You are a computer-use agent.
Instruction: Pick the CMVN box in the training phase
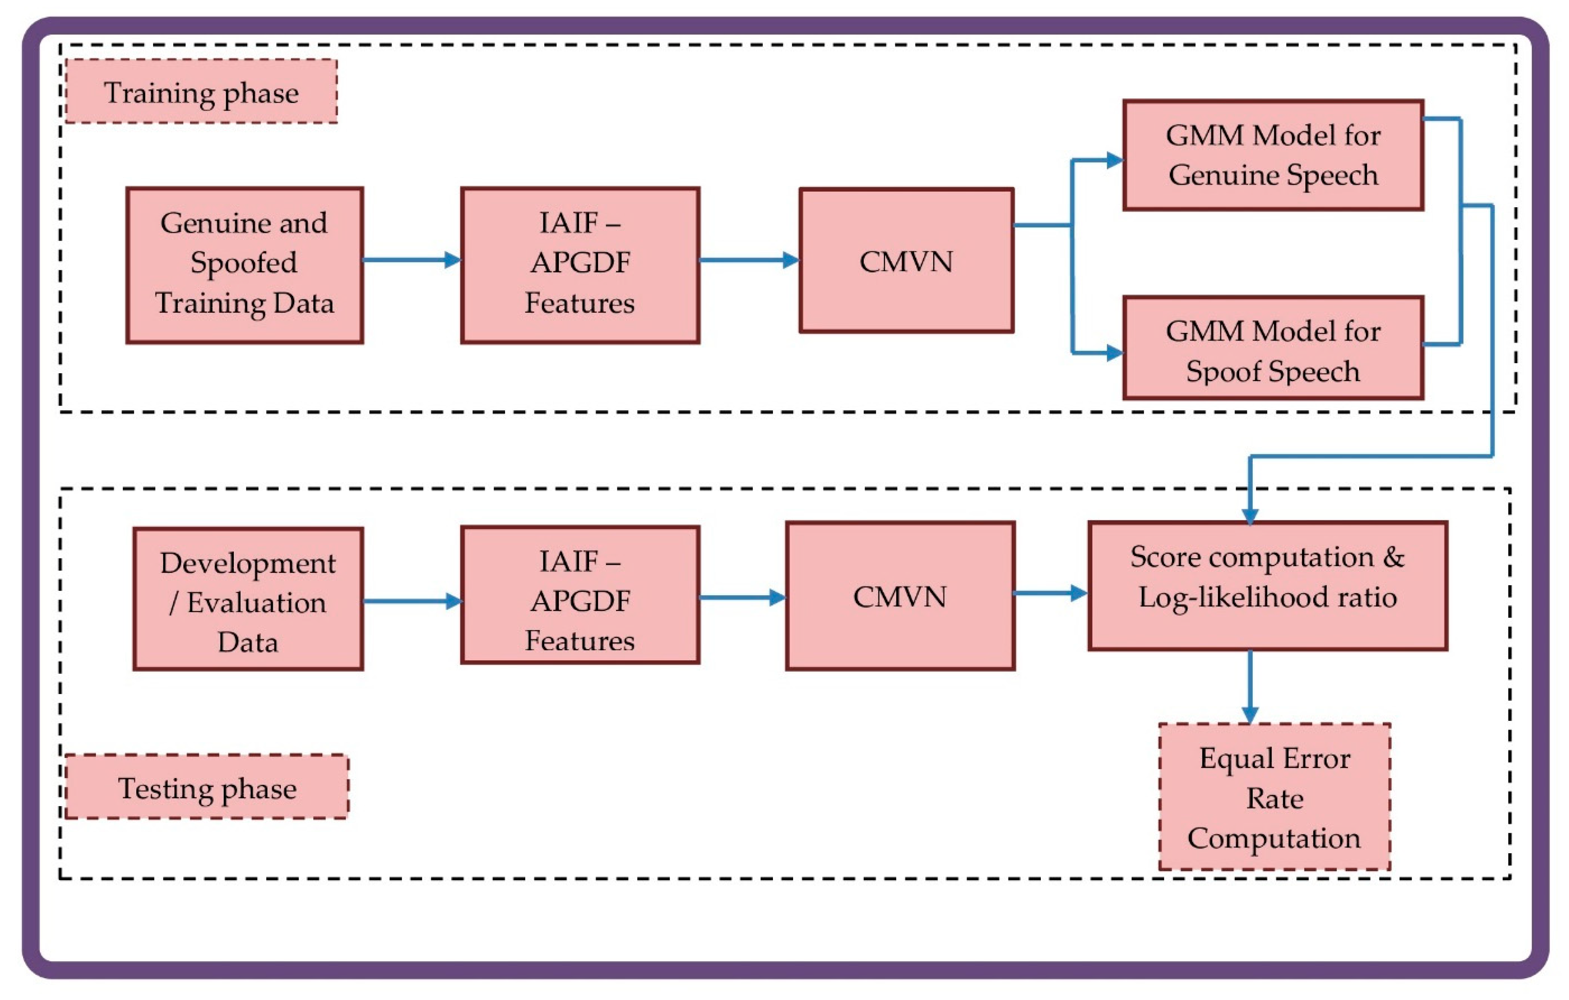(x=906, y=261)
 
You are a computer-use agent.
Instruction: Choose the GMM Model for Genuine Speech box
(x=1273, y=155)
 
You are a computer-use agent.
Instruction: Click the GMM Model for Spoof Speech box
(x=1273, y=348)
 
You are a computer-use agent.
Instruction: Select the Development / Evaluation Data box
(x=248, y=599)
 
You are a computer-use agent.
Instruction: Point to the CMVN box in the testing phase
(x=900, y=596)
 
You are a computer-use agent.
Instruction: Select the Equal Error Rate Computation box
(x=1275, y=797)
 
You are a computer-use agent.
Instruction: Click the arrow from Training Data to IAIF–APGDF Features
(x=410, y=260)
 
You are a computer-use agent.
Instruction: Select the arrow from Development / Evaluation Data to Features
(x=412, y=601)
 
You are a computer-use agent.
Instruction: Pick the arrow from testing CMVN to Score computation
(x=1049, y=593)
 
